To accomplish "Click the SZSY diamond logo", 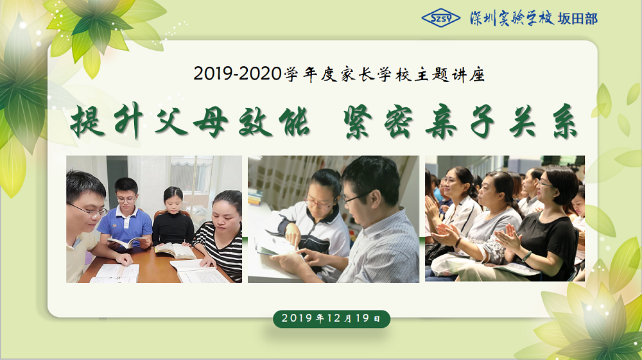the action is pos(441,18).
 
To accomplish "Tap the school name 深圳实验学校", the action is pos(512,19).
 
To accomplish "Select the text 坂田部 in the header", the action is pos(578,19).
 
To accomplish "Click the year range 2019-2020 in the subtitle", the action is pos(238,74).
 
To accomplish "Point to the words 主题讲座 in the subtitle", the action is pos(449,75).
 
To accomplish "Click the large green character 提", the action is pos(87,121).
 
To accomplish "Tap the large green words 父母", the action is pos(191,121).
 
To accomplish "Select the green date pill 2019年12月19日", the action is pos(332,319).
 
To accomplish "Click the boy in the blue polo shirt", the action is pos(125,216).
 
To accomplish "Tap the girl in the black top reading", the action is pos(173,217).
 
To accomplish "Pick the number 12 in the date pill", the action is pos(334,318).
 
